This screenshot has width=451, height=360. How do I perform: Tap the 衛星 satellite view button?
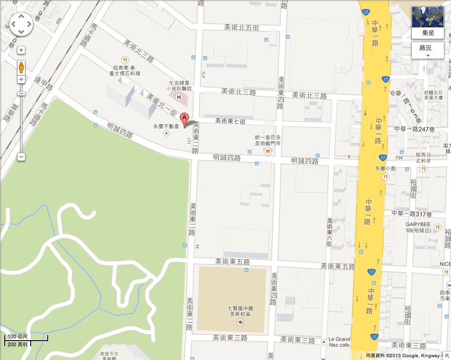point(427,22)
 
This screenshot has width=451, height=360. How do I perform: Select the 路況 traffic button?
point(427,49)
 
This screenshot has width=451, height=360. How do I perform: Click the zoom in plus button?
point(21,79)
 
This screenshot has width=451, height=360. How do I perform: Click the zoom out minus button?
point(21,157)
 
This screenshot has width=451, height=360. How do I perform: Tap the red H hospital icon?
point(179,97)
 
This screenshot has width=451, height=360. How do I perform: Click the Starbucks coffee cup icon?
point(268,151)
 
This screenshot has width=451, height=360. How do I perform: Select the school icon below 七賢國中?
point(240,322)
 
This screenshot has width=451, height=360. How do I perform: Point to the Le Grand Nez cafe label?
point(339,342)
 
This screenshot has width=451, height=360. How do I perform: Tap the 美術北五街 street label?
point(242,28)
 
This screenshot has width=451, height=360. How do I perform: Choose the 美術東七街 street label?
point(230,121)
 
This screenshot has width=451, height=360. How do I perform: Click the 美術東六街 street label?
point(330,232)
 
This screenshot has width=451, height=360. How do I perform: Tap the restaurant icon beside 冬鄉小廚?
point(385,177)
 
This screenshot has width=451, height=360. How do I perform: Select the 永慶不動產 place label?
point(165,127)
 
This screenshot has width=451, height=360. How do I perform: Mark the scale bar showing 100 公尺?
point(26,337)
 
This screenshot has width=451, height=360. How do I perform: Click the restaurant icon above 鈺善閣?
point(125,60)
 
